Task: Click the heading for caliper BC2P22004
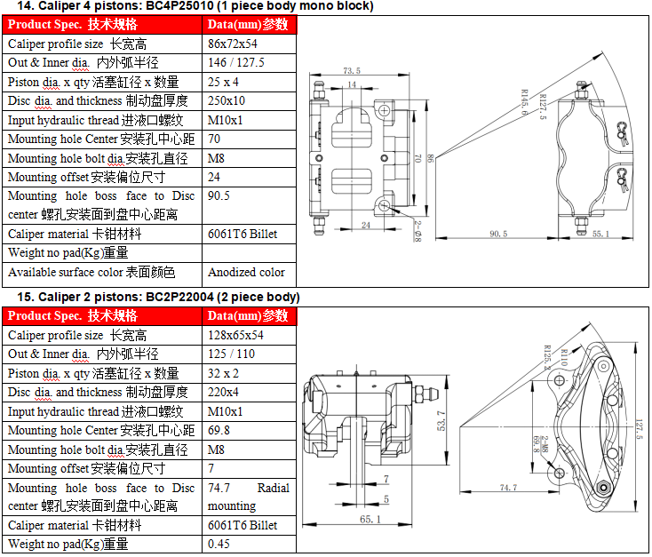[151, 297]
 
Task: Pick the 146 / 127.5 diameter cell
[235, 63]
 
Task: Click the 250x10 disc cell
[227, 100]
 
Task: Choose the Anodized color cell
[246, 272]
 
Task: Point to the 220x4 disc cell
[223, 392]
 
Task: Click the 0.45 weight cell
[219, 544]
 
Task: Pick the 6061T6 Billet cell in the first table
[243, 234]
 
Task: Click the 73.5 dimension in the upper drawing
[352, 70]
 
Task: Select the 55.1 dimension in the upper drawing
[600, 234]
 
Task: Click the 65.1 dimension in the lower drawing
[370, 519]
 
